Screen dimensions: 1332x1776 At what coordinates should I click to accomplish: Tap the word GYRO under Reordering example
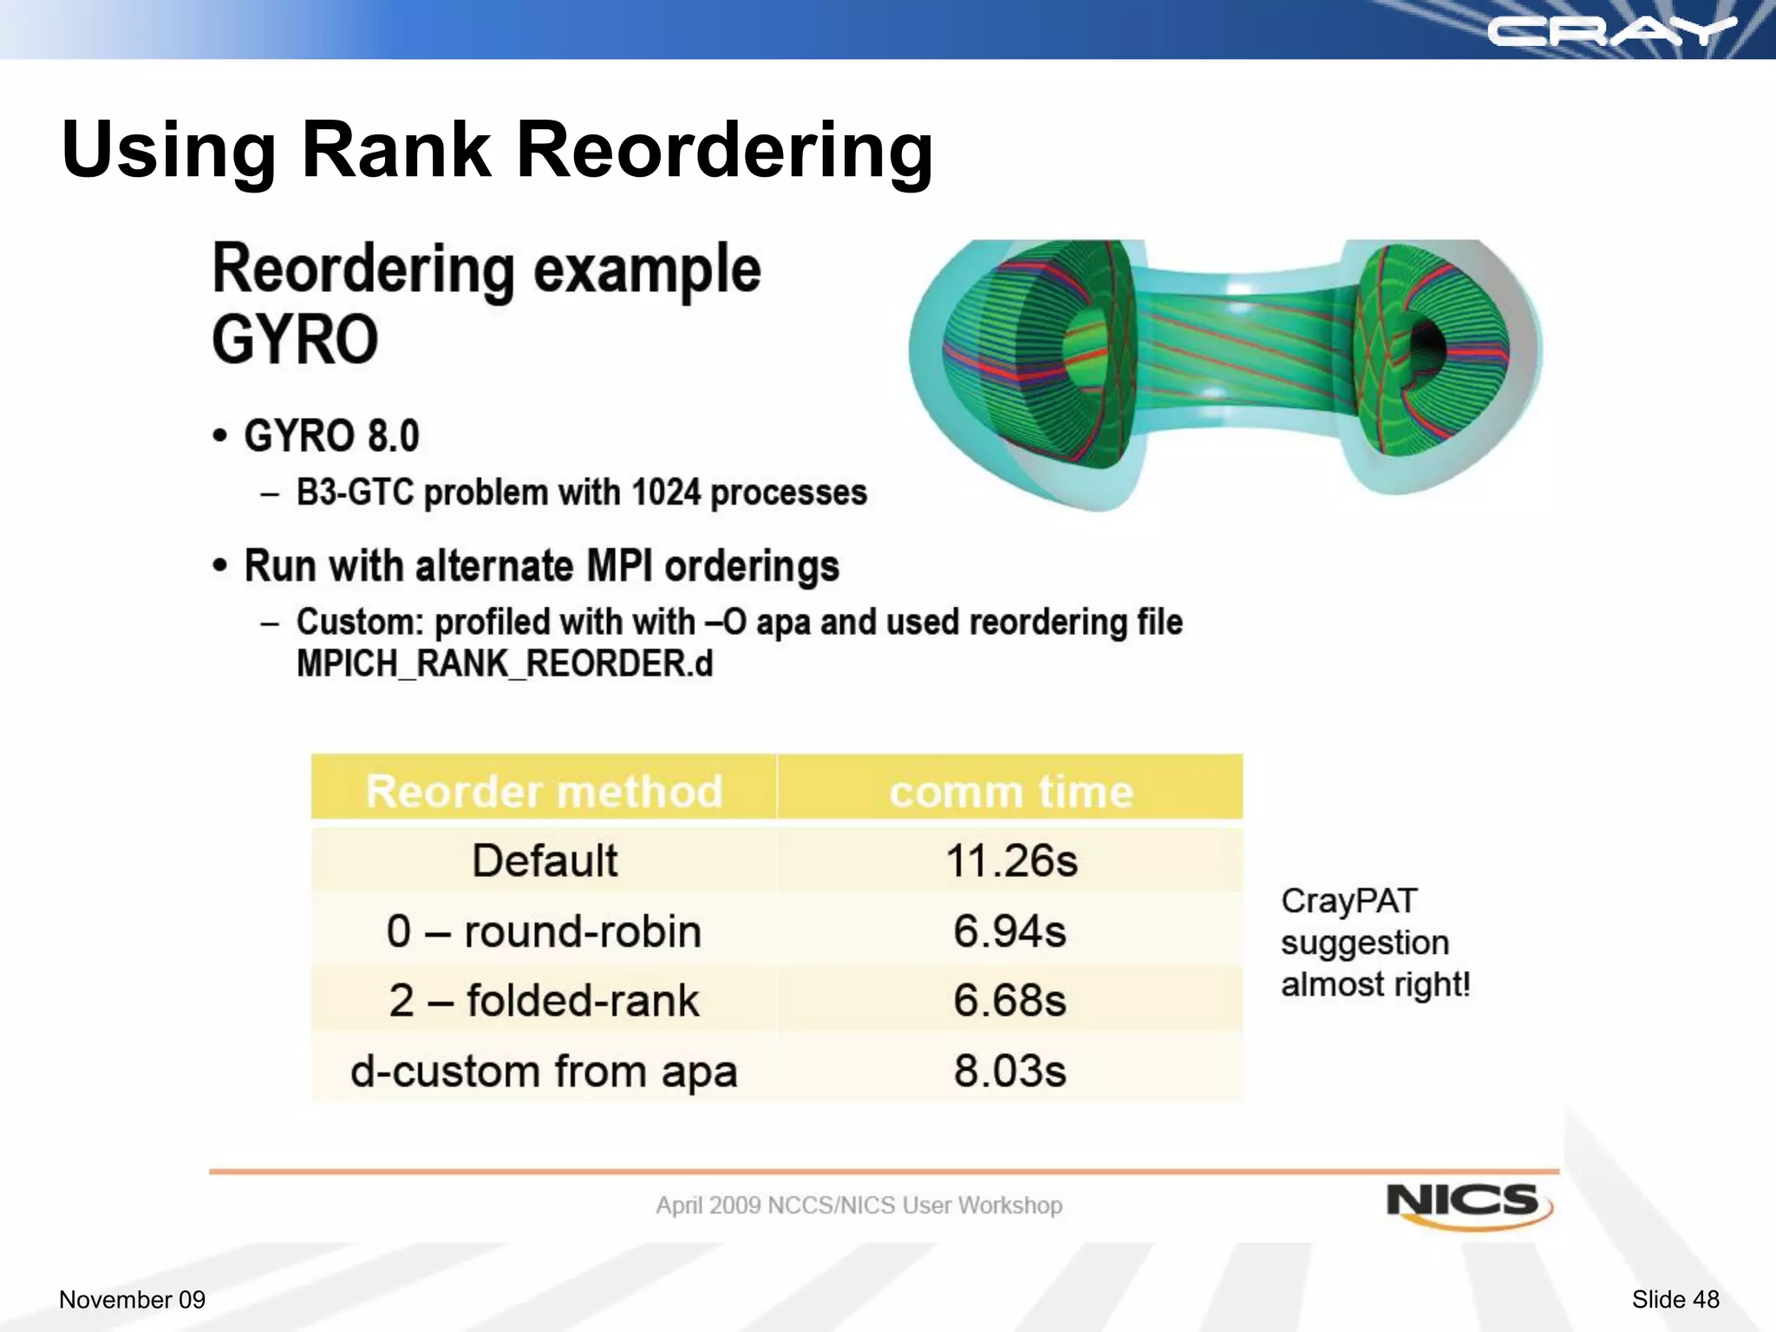point(295,340)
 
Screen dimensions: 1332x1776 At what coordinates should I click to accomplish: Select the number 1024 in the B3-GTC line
point(666,493)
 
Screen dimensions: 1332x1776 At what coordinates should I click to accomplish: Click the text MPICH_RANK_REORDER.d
point(504,664)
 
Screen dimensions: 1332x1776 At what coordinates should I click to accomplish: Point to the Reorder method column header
point(544,791)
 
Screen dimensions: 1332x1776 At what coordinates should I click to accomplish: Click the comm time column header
point(1010,791)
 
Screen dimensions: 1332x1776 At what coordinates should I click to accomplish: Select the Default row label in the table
point(545,861)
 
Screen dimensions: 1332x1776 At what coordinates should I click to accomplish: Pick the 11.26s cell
point(1011,861)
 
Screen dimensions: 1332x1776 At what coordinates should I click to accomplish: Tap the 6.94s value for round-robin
point(1009,931)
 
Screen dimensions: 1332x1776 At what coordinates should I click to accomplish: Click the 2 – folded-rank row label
point(544,1001)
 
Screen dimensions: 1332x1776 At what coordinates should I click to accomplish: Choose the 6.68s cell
point(1009,1001)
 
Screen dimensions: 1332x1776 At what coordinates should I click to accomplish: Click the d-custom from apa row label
point(544,1071)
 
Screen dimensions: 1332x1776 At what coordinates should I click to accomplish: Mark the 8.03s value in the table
point(1009,1071)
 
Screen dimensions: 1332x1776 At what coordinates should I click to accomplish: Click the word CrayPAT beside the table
point(1348,901)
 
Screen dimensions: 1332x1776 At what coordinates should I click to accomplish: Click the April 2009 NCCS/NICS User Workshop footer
point(859,1205)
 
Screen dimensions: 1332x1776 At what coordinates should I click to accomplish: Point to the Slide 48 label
point(1675,1299)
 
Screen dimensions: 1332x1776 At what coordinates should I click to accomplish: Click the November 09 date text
point(132,1299)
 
